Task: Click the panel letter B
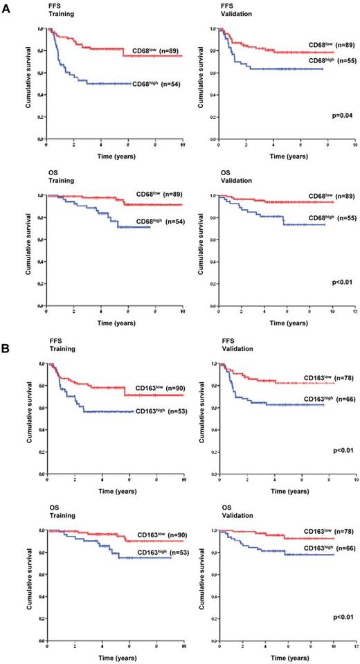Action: pyautogui.click(x=6, y=342)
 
